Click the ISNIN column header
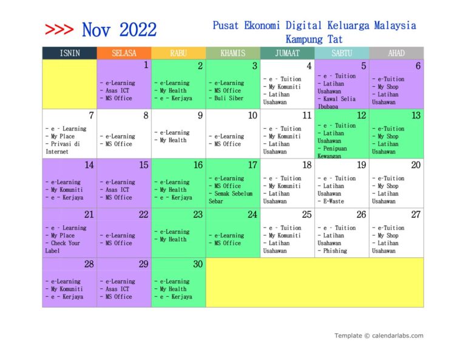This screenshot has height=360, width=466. (x=69, y=53)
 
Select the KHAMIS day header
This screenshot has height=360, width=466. (x=233, y=53)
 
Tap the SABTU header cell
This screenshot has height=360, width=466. (x=342, y=53)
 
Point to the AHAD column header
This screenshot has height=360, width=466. (x=396, y=53)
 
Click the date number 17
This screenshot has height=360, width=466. (x=252, y=165)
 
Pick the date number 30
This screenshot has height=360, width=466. (x=198, y=264)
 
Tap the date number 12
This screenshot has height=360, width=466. (x=362, y=115)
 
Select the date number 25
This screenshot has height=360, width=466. (x=307, y=214)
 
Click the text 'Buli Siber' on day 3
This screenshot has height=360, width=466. (x=229, y=98)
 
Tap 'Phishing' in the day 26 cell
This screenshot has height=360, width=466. (x=335, y=251)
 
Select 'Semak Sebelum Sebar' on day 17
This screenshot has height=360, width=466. (x=232, y=197)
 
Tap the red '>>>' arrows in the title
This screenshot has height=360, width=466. (x=59, y=29)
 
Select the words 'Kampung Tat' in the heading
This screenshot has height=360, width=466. (x=314, y=38)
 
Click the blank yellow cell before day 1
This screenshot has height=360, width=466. (x=69, y=84)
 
